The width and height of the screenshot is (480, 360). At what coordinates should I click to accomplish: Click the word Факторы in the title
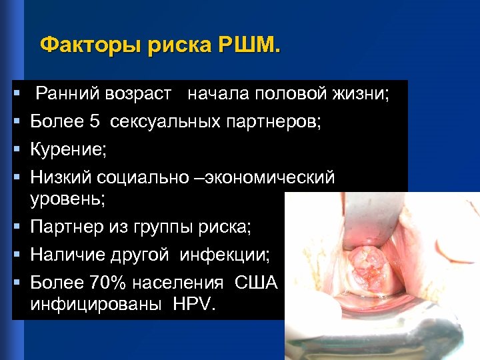78,46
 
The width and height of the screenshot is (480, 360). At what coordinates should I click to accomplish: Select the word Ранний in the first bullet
63,94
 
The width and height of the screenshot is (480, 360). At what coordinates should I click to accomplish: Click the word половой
291,94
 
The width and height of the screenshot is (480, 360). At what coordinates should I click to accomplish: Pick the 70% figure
107,283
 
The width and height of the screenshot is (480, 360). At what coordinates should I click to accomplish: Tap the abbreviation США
256,283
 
